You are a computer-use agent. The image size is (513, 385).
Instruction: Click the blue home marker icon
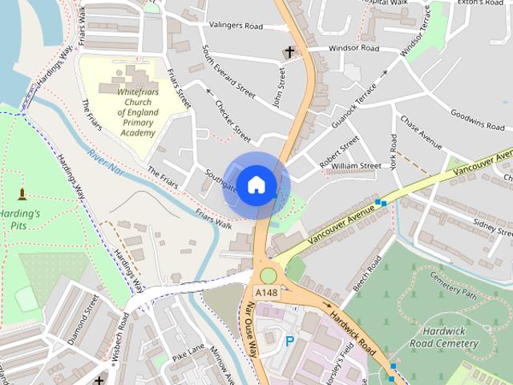(x=255, y=184)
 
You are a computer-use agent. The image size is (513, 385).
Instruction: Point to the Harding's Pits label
(x=20, y=221)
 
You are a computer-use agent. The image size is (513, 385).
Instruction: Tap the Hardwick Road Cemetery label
(x=445, y=337)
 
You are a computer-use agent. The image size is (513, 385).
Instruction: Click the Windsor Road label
(x=353, y=49)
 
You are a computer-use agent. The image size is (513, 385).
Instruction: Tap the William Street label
(x=356, y=166)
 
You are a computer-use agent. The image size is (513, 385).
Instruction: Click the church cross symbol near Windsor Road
(x=289, y=53)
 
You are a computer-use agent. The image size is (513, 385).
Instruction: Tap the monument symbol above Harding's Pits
(x=20, y=193)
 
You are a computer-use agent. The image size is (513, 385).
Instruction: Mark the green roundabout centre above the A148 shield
(x=268, y=275)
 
